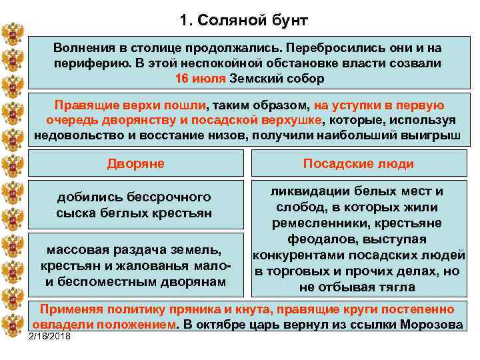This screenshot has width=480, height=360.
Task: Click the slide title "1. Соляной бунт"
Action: [x=244, y=20]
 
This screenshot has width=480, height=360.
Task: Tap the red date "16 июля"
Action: [x=200, y=79]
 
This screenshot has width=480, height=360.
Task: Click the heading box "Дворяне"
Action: [x=136, y=163]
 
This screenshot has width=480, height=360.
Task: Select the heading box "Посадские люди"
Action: [x=358, y=163]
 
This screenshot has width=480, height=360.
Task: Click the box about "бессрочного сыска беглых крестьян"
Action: [x=134, y=205]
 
